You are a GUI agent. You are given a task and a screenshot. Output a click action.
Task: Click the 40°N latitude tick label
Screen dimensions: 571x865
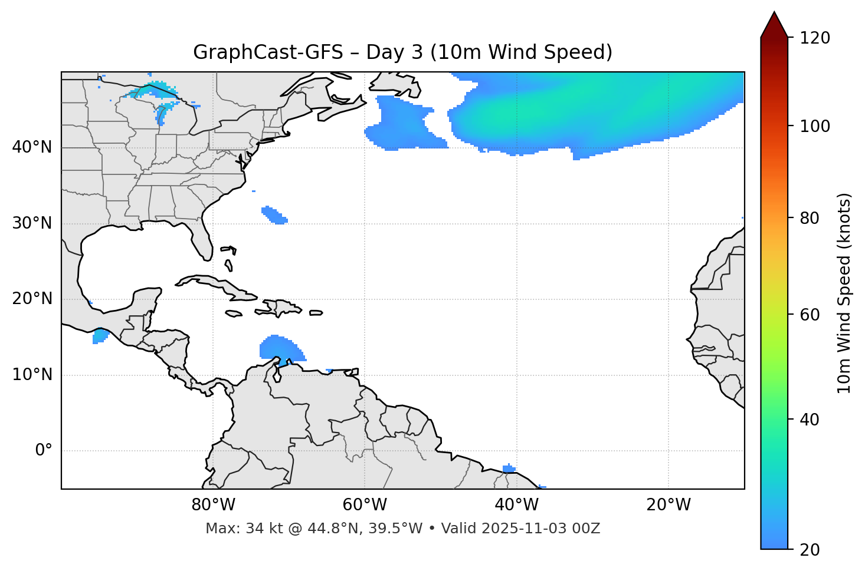[x=32, y=147]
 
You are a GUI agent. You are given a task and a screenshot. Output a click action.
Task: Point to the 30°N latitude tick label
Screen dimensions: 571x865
[x=32, y=223]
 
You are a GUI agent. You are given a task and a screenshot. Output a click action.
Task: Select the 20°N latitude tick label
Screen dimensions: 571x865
[x=32, y=299]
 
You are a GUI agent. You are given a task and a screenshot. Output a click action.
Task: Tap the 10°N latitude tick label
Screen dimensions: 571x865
[x=32, y=375]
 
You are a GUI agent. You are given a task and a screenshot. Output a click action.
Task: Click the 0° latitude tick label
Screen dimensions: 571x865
[x=44, y=451]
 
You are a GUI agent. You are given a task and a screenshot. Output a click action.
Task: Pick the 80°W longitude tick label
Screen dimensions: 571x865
[x=213, y=505]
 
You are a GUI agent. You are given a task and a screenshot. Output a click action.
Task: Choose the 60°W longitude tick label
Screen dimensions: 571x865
[x=365, y=505]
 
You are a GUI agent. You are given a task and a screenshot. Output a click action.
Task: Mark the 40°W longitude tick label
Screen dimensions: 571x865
[x=517, y=505]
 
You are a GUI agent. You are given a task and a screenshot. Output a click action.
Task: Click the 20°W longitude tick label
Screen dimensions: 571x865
[x=669, y=505]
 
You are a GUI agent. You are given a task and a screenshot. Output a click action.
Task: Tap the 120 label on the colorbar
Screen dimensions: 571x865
[x=815, y=38]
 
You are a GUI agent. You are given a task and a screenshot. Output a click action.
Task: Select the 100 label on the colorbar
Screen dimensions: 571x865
[x=815, y=126]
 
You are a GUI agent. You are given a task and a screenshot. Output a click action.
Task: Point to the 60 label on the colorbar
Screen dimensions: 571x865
[x=810, y=315]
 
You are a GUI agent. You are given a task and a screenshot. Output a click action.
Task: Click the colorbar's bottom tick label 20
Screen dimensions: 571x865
[x=810, y=550]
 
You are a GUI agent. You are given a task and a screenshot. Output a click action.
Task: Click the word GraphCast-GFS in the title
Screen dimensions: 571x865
[x=268, y=52]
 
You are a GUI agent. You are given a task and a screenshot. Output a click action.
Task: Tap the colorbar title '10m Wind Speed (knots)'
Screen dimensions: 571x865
[x=844, y=293]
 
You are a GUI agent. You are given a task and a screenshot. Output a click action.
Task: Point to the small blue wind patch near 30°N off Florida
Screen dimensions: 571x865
[x=274, y=215]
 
